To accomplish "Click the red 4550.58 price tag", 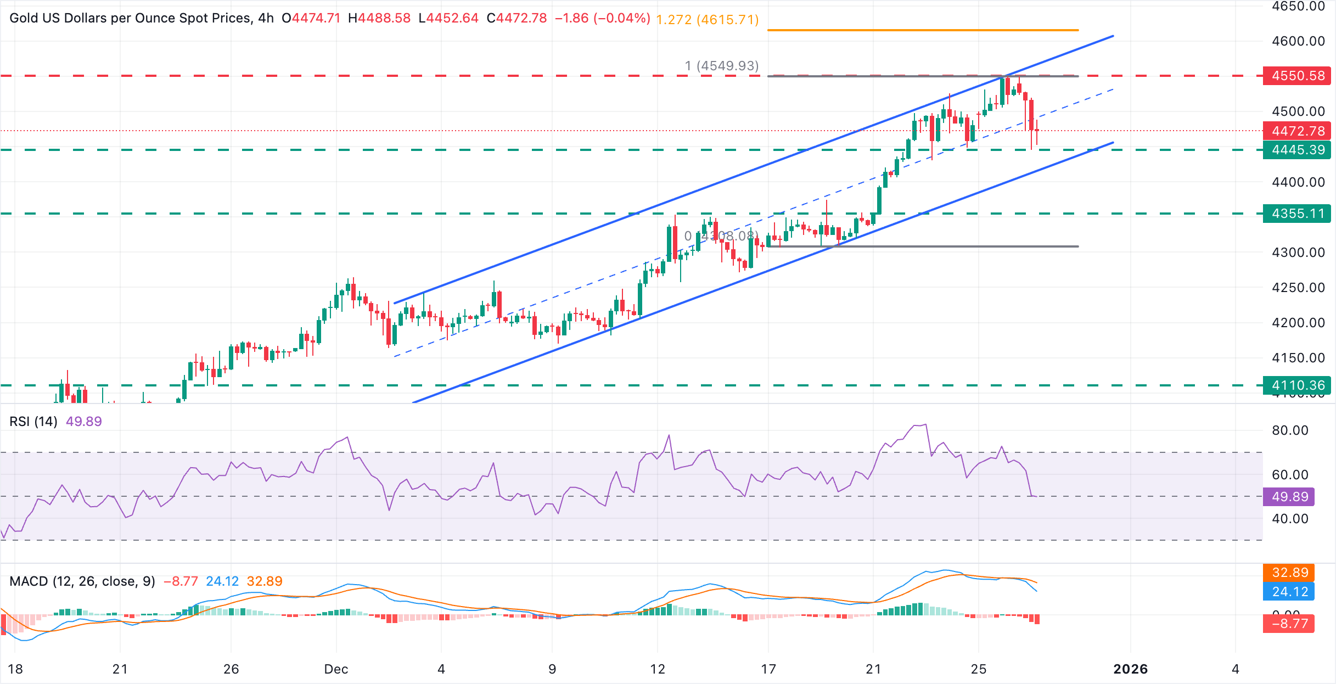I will tap(1297, 76).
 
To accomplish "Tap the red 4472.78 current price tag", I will tap(1297, 131).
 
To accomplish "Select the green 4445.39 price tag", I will tap(1297, 150).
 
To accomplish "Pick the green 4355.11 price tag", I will tap(1297, 214).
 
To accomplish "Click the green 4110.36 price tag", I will tap(1297, 385).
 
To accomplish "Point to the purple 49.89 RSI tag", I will tap(1289, 497).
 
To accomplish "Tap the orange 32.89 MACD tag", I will tap(1289, 573).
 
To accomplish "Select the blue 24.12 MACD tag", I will tap(1289, 592).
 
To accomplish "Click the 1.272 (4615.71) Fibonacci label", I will tap(707, 20).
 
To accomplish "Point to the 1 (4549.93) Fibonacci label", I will tap(721, 66).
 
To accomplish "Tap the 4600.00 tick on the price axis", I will tap(1298, 41).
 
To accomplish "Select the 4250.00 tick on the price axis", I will tap(1298, 288).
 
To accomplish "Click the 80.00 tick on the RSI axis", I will tap(1290, 430).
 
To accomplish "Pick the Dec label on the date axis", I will tap(336, 669).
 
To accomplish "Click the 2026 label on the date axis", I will tap(1130, 669).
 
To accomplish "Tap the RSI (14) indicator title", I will tap(33, 422).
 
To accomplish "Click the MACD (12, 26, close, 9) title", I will tap(82, 581).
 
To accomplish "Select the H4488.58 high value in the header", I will tap(379, 18).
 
